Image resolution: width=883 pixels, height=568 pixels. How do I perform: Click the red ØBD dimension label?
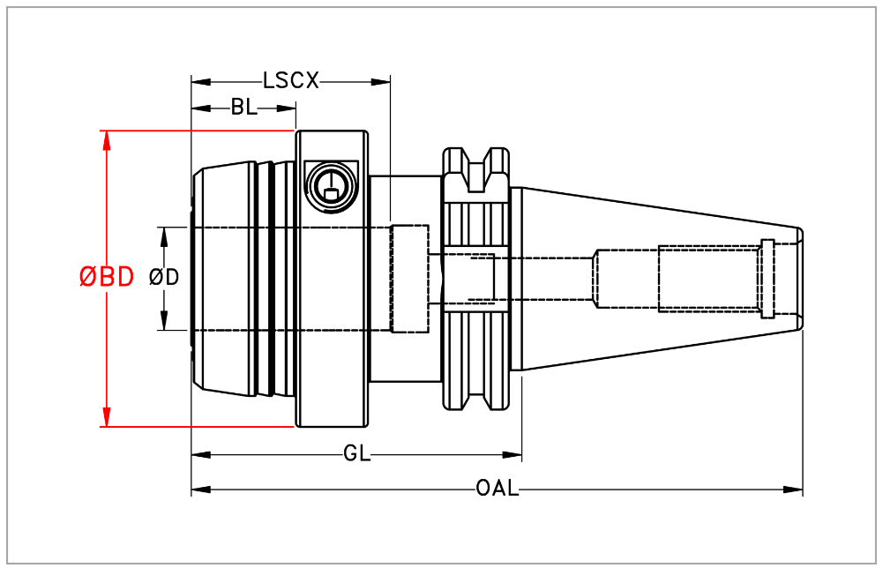point(107,277)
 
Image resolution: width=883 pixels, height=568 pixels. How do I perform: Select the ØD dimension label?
point(165,277)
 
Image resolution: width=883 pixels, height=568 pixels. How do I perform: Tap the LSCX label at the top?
point(290,81)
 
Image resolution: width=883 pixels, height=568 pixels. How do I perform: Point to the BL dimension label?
point(243,108)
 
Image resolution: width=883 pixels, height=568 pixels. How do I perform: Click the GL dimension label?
point(356,454)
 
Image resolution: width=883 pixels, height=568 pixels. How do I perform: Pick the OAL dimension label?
point(497,489)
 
